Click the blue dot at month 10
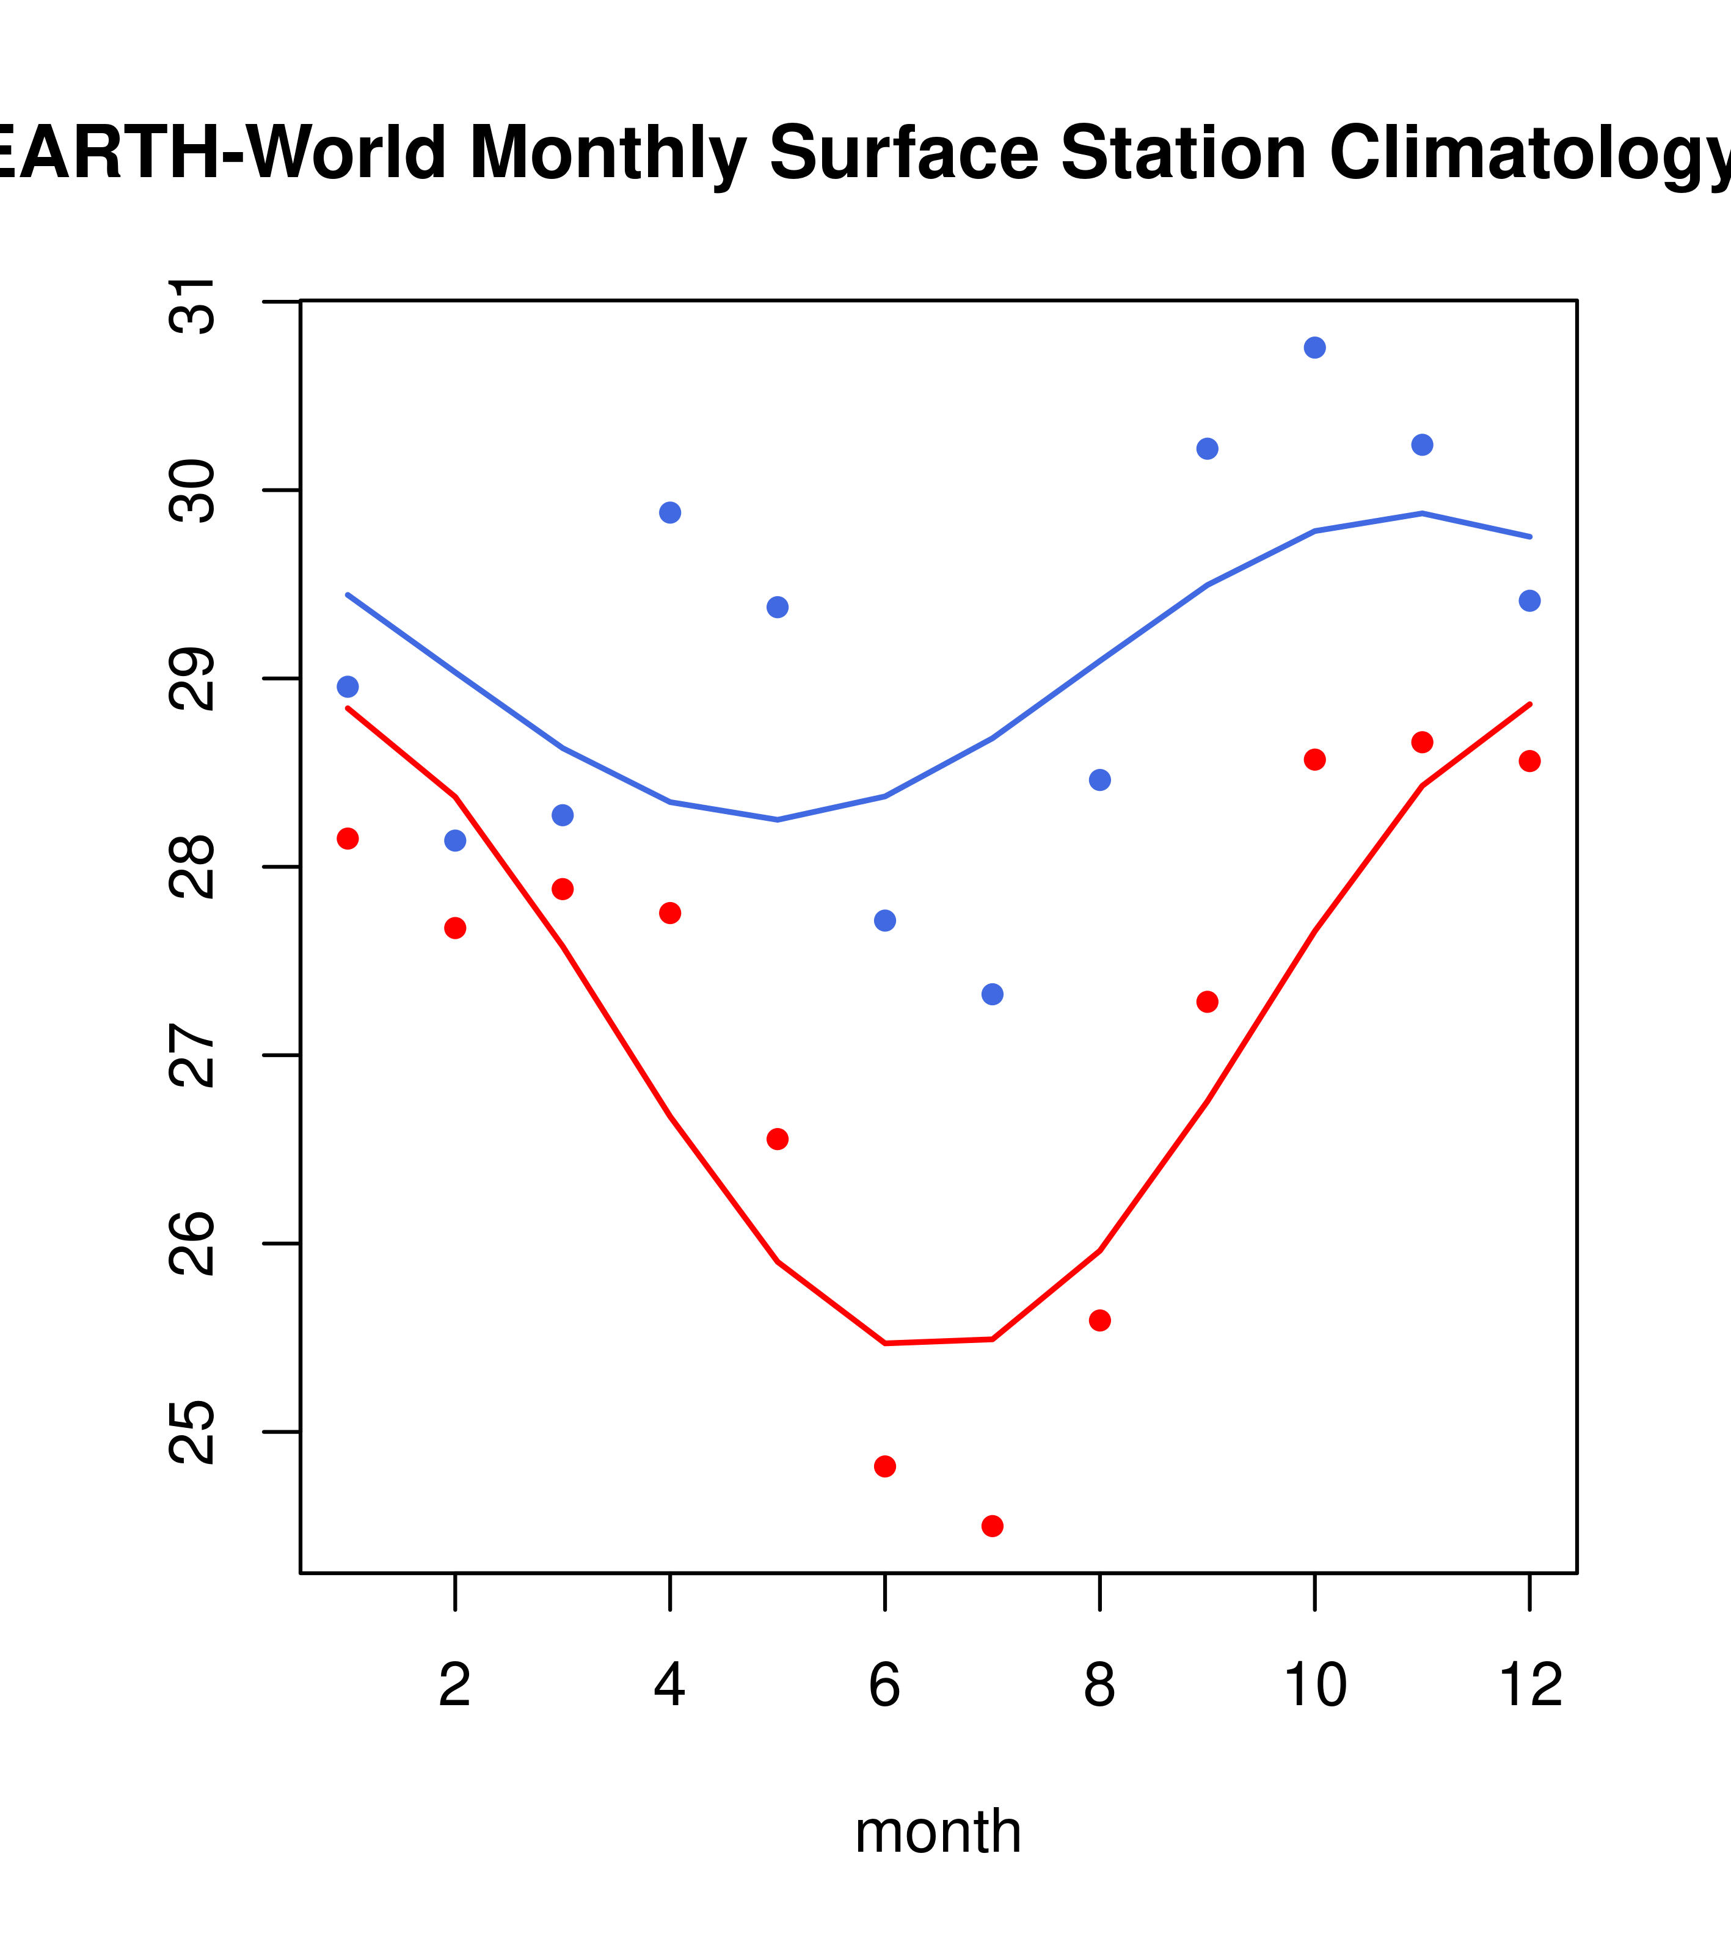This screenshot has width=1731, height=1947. coord(1314,348)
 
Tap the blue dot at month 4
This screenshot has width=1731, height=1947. coord(671,512)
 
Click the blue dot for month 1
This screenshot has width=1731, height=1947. coord(348,687)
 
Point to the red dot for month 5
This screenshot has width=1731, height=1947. coord(778,1139)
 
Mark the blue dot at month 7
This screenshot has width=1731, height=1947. coord(993,994)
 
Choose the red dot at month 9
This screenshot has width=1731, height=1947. coord(1207,1002)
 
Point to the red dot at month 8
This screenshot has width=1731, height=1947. coord(1100,1320)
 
